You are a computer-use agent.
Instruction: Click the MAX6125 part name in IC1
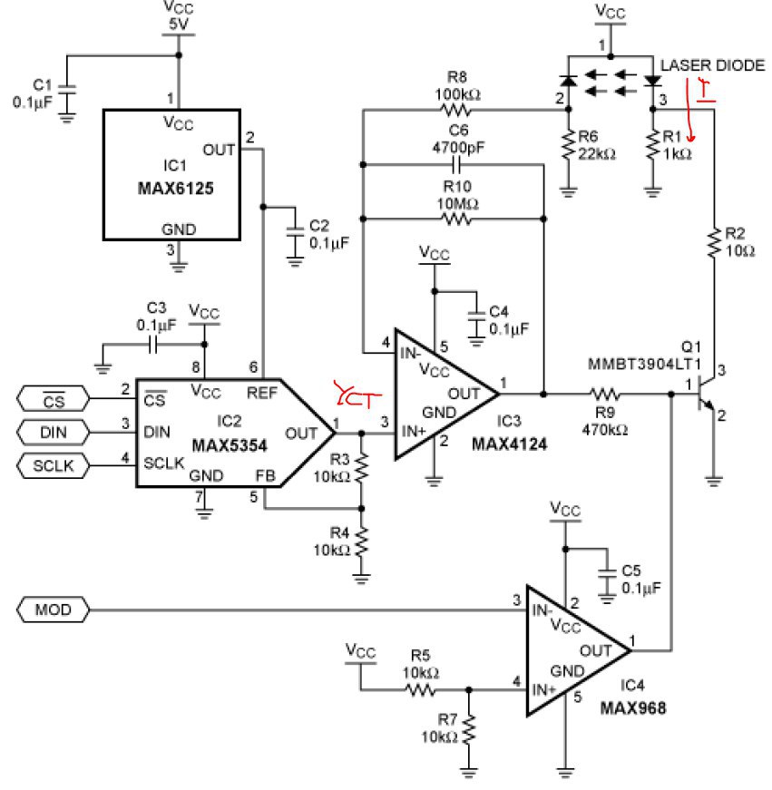click(175, 189)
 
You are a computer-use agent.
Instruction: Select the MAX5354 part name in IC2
click(230, 445)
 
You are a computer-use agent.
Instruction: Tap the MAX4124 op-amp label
click(509, 444)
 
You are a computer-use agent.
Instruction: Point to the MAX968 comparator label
click(633, 707)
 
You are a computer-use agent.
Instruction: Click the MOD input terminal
click(53, 610)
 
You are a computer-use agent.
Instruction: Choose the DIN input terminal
click(53, 433)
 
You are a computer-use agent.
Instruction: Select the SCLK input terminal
click(53, 465)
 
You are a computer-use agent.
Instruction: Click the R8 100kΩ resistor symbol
click(456, 110)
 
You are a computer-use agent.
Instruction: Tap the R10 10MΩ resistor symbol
click(456, 219)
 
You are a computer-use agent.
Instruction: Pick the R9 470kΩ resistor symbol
click(605, 394)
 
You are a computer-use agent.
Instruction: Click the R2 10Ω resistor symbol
click(714, 244)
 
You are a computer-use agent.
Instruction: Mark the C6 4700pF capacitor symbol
click(456, 165)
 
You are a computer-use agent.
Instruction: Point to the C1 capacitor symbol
click(66, 90)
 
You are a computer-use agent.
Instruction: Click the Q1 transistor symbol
click(705, 395)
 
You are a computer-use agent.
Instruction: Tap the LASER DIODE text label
click(712, 65)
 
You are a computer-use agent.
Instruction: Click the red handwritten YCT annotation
click(357, 395)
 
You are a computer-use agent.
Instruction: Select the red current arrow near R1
click(689, 110)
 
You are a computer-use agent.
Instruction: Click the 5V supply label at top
click(179, 24)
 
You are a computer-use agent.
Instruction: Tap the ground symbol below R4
click(361, 579)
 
